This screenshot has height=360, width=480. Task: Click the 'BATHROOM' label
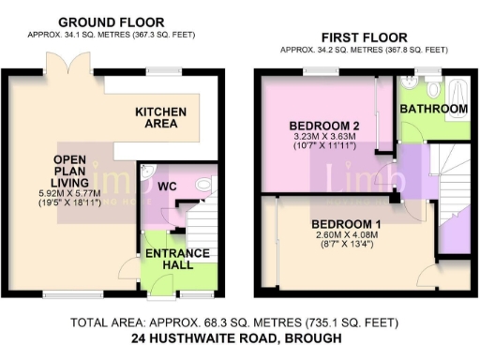click(x=433, y=110)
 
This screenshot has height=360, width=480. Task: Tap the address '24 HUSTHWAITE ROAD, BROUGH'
click(x=237, y=338)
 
